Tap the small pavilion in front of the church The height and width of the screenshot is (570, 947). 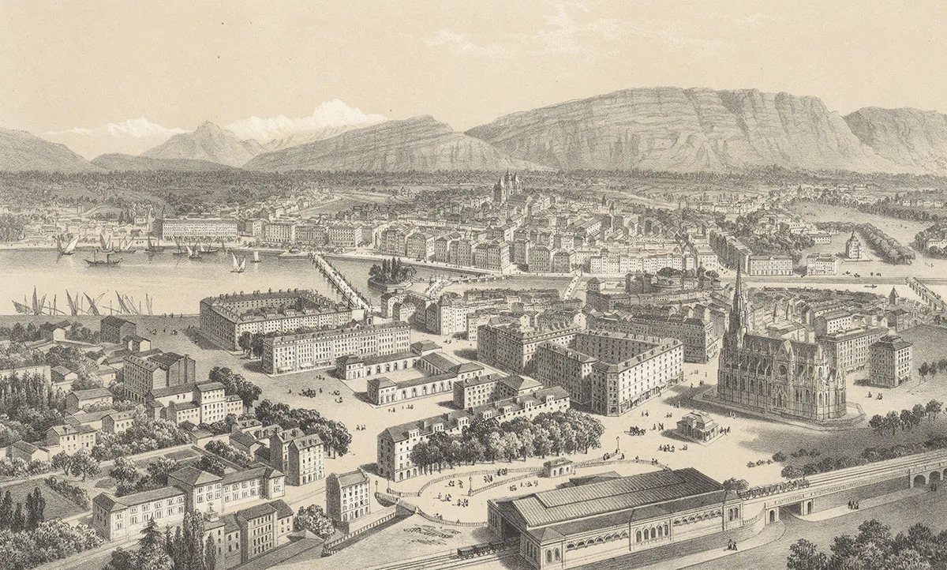click(x=697, y=426)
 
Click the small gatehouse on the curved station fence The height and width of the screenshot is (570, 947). click(x=557, y=467)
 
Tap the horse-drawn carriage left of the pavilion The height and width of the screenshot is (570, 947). click(x=634, y=430)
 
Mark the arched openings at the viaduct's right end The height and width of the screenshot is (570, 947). click(x=926, y=477)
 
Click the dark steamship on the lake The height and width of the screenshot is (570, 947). click(x=103, y=259)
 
